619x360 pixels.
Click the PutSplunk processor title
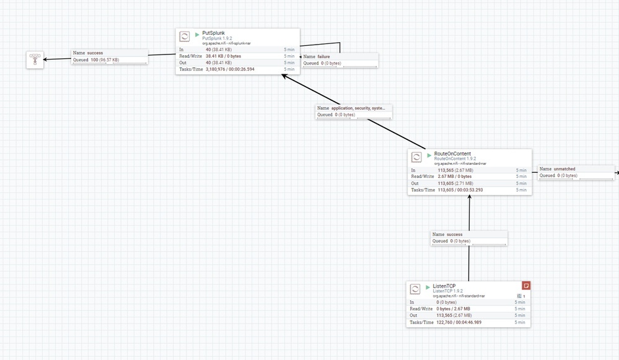(x=214, y=33)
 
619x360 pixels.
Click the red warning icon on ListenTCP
(x=526, y=286)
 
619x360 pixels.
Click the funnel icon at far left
(x=34, y=59)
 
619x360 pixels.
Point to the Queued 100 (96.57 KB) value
(x=105, y=60)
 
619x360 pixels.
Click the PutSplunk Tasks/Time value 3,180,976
(x=219, y=69)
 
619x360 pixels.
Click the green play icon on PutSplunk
(x=198, y=34)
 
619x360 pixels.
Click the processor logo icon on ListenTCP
(x=415, y=289)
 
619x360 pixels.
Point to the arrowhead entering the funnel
(x=45, y=59)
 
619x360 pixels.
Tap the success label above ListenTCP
(x=454, y=235)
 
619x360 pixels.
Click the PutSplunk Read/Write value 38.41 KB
(x=218, y=56)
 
